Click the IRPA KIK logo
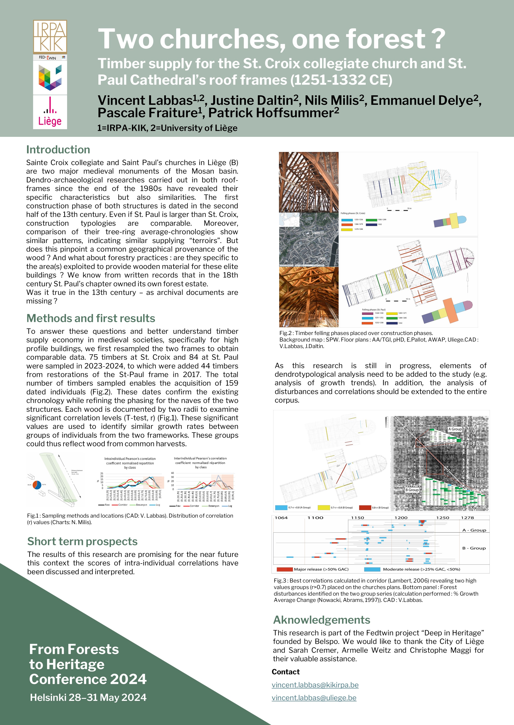tap(50, 37)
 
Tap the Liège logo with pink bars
tap(50, 112)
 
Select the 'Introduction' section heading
tap(58, 149)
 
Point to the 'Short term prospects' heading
tap(82, 541)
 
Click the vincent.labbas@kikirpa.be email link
tap(315, 685)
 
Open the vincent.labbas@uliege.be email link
tap(314, 698)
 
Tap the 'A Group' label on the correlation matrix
tap(455, 429)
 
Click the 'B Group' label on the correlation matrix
tap(412, 490)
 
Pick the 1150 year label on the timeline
tap(358, 518)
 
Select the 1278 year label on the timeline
tap(467, 518)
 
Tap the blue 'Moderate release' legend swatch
tap(372, 569)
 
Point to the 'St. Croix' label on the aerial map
tap(317, 233)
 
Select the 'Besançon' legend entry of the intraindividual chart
tap(141, 505)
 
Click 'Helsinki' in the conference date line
tap(48, 697)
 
